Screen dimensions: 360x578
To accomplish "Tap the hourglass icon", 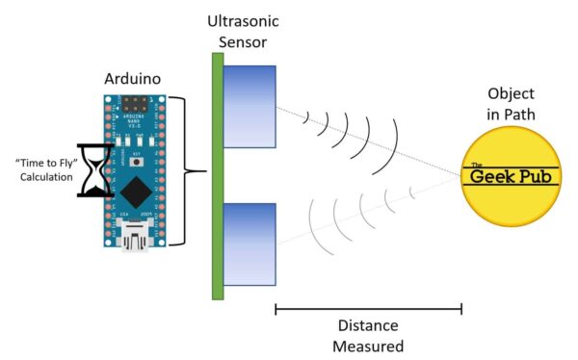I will [x=95, y=172].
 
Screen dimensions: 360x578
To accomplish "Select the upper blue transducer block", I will [x=250, y=106].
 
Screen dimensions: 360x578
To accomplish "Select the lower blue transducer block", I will [x=250, y=244].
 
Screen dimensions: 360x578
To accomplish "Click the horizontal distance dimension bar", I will [x=368, y=309].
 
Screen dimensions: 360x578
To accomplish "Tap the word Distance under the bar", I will [x=368, y=327].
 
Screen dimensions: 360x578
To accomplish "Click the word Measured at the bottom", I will [x=368, y=347].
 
